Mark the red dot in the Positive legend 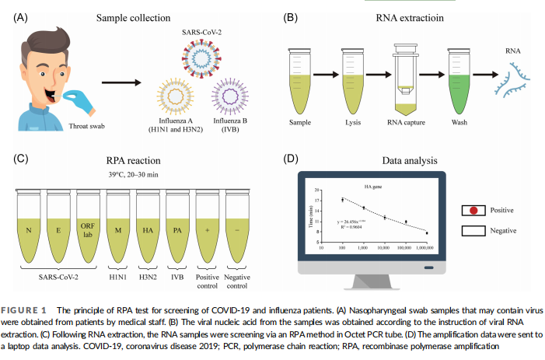471,210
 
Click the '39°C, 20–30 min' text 125,174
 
